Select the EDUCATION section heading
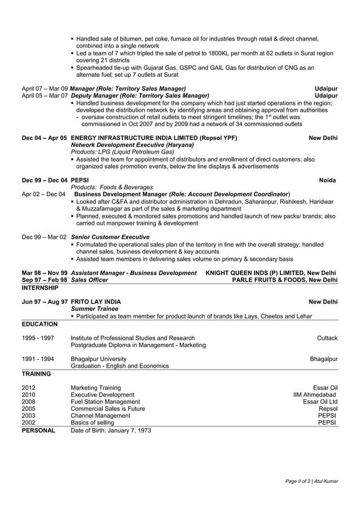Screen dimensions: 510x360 pyautogui.click(x=39, y=324)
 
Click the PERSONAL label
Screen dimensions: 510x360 pyautogui.click(x=38, y=430)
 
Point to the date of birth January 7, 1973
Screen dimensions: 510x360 pyautogui.click(x=111, y=430)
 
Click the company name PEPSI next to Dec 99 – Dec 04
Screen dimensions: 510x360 pyautogui.click(x=80, y=180)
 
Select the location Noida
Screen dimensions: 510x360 pyautogui.click(x=327, y=180)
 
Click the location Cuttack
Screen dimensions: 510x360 pyautogui.click(x=327, y=338)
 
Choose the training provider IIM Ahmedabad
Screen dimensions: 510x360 pyautogui.click(x=314, y=395)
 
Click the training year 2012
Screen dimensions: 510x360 pyautogui.click(x=29, y=387)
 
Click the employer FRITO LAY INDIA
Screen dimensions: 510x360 pyautogui.click(x=95, y=302)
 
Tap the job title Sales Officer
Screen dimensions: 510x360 pyautogui.click(x=89, y=280)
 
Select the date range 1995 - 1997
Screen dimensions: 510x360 pyautogui.click(x=38, y=338)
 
